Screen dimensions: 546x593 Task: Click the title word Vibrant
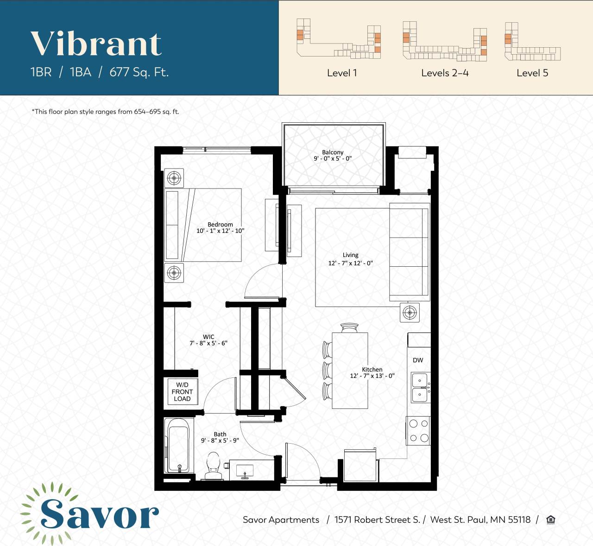click(x=96, y=44)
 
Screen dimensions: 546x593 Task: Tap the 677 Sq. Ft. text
click(x=139, y=72)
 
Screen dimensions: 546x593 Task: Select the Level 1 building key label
click(x=342, y=73)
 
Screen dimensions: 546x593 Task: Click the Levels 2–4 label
click(x=445, y=73)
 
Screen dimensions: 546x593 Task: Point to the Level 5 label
click(x=532, y=73)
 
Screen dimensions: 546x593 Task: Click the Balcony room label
click(x=333, y=152)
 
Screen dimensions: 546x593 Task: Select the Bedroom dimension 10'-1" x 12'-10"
click(x=220, y=231)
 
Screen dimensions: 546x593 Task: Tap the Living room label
click(x=350, y=255)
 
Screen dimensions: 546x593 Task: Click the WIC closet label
click(x=208, y=337)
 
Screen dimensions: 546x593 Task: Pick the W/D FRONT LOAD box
click(x=182, y=392)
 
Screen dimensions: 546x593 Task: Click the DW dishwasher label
click(x=418, y=360)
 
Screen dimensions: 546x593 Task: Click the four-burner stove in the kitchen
click(x=418, y=431)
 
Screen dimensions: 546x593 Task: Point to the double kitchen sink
click(x=420, y=388)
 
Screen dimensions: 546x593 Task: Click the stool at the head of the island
click(x=350, y=328)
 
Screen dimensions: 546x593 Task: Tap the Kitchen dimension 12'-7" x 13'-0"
click(x=372, y=376)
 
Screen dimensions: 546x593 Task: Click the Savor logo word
click(x=99, y=514)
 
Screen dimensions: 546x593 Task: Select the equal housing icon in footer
click(x=550, y=520)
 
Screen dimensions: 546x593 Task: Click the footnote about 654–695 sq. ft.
click(x=106, y=112)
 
